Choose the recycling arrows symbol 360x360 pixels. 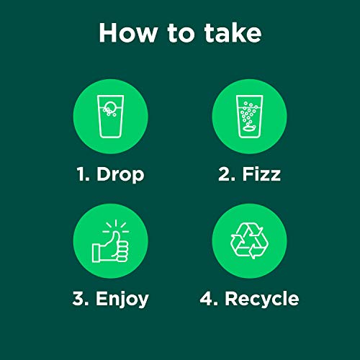tap(249, 240)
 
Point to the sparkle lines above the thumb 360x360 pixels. tap(114, 226)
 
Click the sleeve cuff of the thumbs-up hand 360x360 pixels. tap(97, 252)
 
